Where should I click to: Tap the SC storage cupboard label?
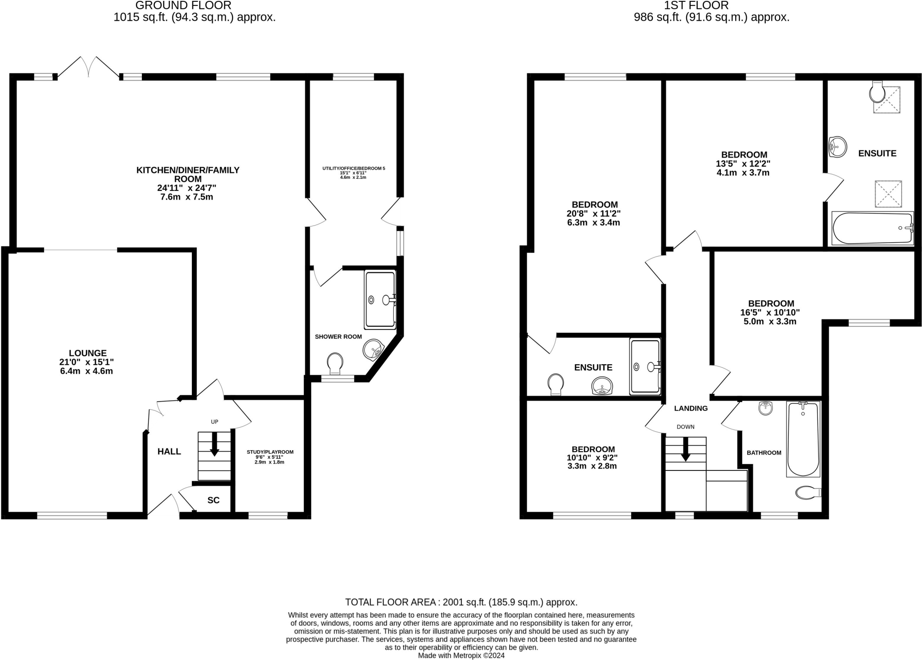pyautogui.click(x=213, y=500)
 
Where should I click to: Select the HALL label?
pyautogui.click(x=169, y=452)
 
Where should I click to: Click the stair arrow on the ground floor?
pyautogui.click(x=214, y=444)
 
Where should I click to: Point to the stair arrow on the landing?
pyautogui.click(x=685, y=449)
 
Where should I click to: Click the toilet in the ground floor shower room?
pyautogui.click(x=335, y=364)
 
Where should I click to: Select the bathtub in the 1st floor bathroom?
pyautogui.click(x=803, y=439)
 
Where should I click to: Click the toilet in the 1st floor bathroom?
pyautogui.click(x=809, y=493)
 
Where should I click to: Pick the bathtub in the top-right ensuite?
pyautogui.click(x=872, y=228)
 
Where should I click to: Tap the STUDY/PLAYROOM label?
pyautogui.click(x=270, y=452)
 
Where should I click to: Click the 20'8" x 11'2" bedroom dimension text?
pyautogui.click(x=594, y=213)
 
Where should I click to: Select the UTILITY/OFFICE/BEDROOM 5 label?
pyautogui.click(x=354, y=168)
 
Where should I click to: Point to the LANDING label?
pyautogui.click(x=691, y=408)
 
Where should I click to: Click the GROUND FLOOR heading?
pyautogui.click(x=183, y=5)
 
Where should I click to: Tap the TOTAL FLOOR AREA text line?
pyautogui.click(x=461, y=602)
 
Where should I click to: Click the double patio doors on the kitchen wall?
pyautogui.click(x=88, y=68)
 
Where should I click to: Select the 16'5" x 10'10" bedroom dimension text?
pyautogui.click(x=770, y=312)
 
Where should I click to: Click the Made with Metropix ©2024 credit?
pyautogui.click(x=461, y=655)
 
